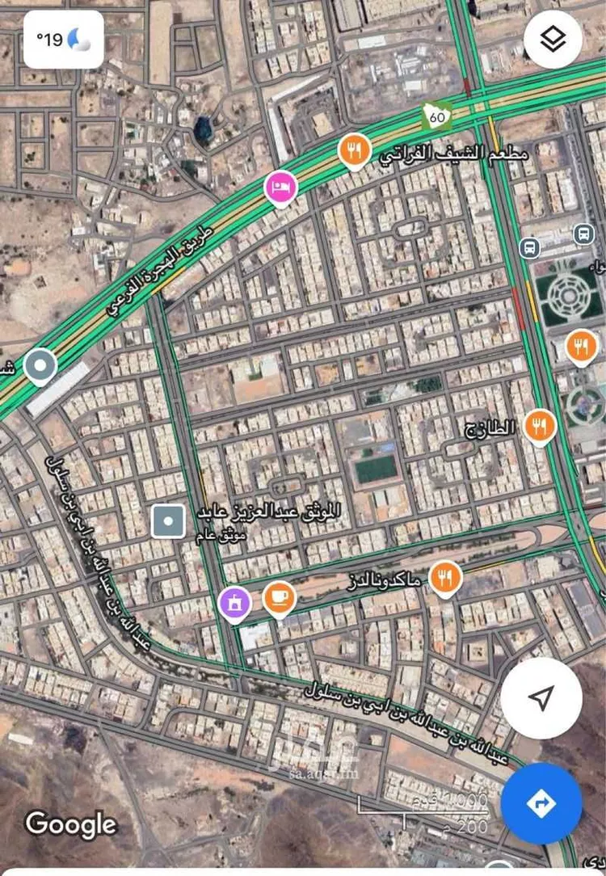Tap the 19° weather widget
point(62,38)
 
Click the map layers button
point(553,40)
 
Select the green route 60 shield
point(437,117)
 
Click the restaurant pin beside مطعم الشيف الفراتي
point(354,150)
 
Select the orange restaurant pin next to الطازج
point(539,424)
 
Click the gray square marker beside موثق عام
point(168,521)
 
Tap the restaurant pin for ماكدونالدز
point(444,576)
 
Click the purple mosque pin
point(235,603)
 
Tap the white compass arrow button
point(541,697)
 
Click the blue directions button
point(541,803)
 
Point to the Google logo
point(71,824)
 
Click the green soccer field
point(377,469)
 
